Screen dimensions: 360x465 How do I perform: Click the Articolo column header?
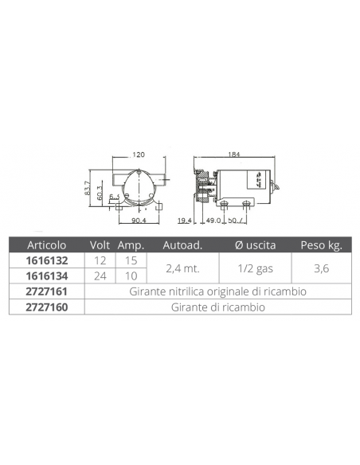46,245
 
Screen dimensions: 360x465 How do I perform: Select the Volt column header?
100,245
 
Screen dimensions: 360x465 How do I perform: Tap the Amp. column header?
131,245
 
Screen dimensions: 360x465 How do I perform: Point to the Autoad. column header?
182,245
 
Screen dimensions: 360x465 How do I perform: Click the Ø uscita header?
255,245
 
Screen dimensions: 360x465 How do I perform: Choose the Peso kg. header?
322,245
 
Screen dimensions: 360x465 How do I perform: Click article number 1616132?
47,260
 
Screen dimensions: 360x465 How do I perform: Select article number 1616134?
47,276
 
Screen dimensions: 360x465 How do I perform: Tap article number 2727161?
47,291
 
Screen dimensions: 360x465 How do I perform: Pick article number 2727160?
47,307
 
